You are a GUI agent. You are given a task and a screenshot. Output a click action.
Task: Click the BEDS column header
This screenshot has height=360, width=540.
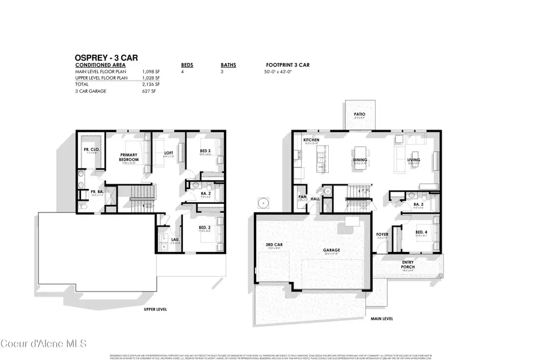[x=187, y=65]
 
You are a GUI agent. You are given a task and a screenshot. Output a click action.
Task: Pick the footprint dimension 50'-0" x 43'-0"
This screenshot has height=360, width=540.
[x=281, y=71]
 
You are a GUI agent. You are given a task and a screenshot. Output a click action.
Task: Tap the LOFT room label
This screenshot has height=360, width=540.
[x=169, y=152]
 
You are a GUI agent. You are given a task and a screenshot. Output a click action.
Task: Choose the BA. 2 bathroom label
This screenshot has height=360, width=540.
[x=205, y=193]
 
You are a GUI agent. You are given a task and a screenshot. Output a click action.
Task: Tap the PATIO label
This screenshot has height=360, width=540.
[x=359, y=113]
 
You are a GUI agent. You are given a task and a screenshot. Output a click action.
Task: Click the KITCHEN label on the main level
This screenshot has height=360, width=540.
[x=310, y=140]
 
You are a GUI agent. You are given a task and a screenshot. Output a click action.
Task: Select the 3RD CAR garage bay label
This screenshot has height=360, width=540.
[x=274, y=244]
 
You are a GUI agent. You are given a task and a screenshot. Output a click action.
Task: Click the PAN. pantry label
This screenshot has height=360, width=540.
[x=302, y=197]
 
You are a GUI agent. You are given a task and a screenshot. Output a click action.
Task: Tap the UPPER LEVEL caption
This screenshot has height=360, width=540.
[x=155, y=309]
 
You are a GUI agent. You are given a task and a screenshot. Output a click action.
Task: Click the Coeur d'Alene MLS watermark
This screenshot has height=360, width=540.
[x=44, y=344]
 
